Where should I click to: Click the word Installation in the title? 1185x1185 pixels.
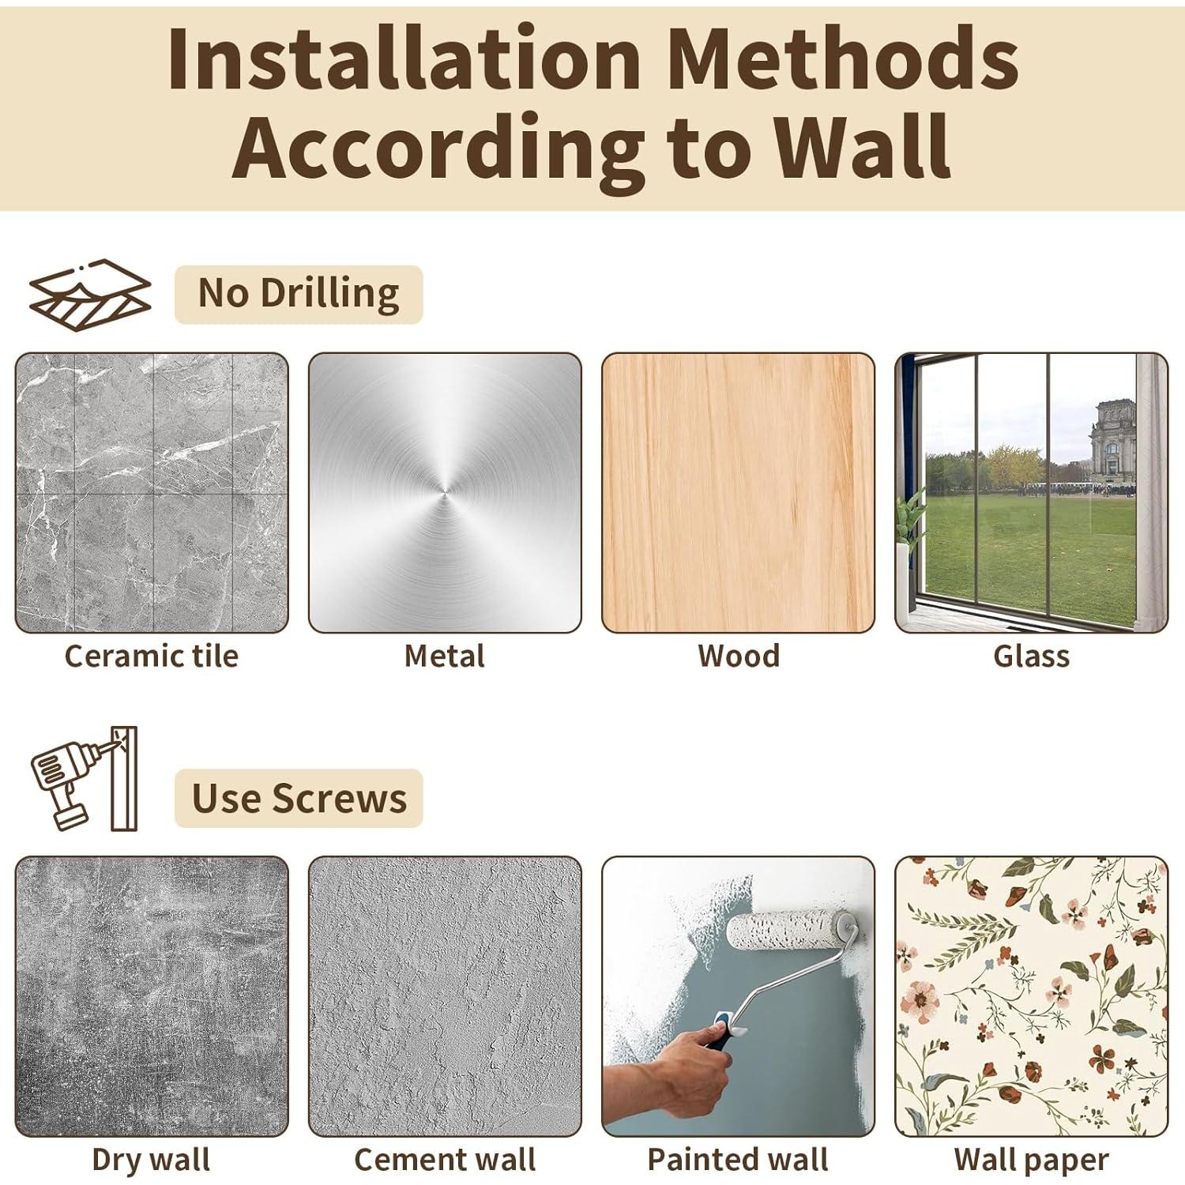[x=404, y=58]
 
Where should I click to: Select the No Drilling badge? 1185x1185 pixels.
[x=299, y=294]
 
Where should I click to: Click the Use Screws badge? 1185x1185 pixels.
[x=299, y=798]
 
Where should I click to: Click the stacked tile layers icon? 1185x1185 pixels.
[x=90, y=295]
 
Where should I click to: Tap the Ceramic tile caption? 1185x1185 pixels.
[x=151, y=656]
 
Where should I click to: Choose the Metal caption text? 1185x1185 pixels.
[x=445, y=656]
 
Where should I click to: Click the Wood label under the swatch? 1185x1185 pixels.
[x=739, y=656]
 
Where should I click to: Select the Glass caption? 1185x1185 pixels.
[x=1032, y=656]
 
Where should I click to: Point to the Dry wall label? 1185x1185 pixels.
[x=151, y=1161]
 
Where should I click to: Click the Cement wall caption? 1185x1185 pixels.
[x=445, y=1160]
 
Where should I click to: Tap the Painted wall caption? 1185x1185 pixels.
[x=738, y=1160]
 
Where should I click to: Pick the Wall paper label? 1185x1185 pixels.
[x=1032, y=1161]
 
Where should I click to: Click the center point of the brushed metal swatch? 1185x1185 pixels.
[x=445, y=493]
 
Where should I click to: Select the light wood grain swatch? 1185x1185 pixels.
[x=739, y=493]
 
